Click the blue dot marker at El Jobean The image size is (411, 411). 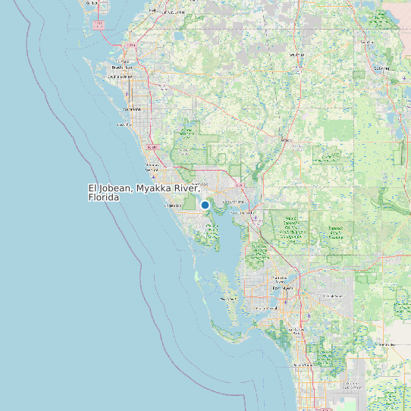[x=205, y=205]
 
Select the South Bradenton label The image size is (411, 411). [x=121, y=77]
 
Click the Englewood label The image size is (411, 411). [x=174, y=206]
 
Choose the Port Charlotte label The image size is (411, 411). [x=234, y=202]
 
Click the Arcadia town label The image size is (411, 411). [x=286, y=140]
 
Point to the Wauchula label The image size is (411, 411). [x=296, y=55]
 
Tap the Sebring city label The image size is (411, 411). [x=381, y=67]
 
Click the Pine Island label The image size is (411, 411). [x=227, y=299]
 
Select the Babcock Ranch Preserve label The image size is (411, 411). [x=290, y=225]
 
